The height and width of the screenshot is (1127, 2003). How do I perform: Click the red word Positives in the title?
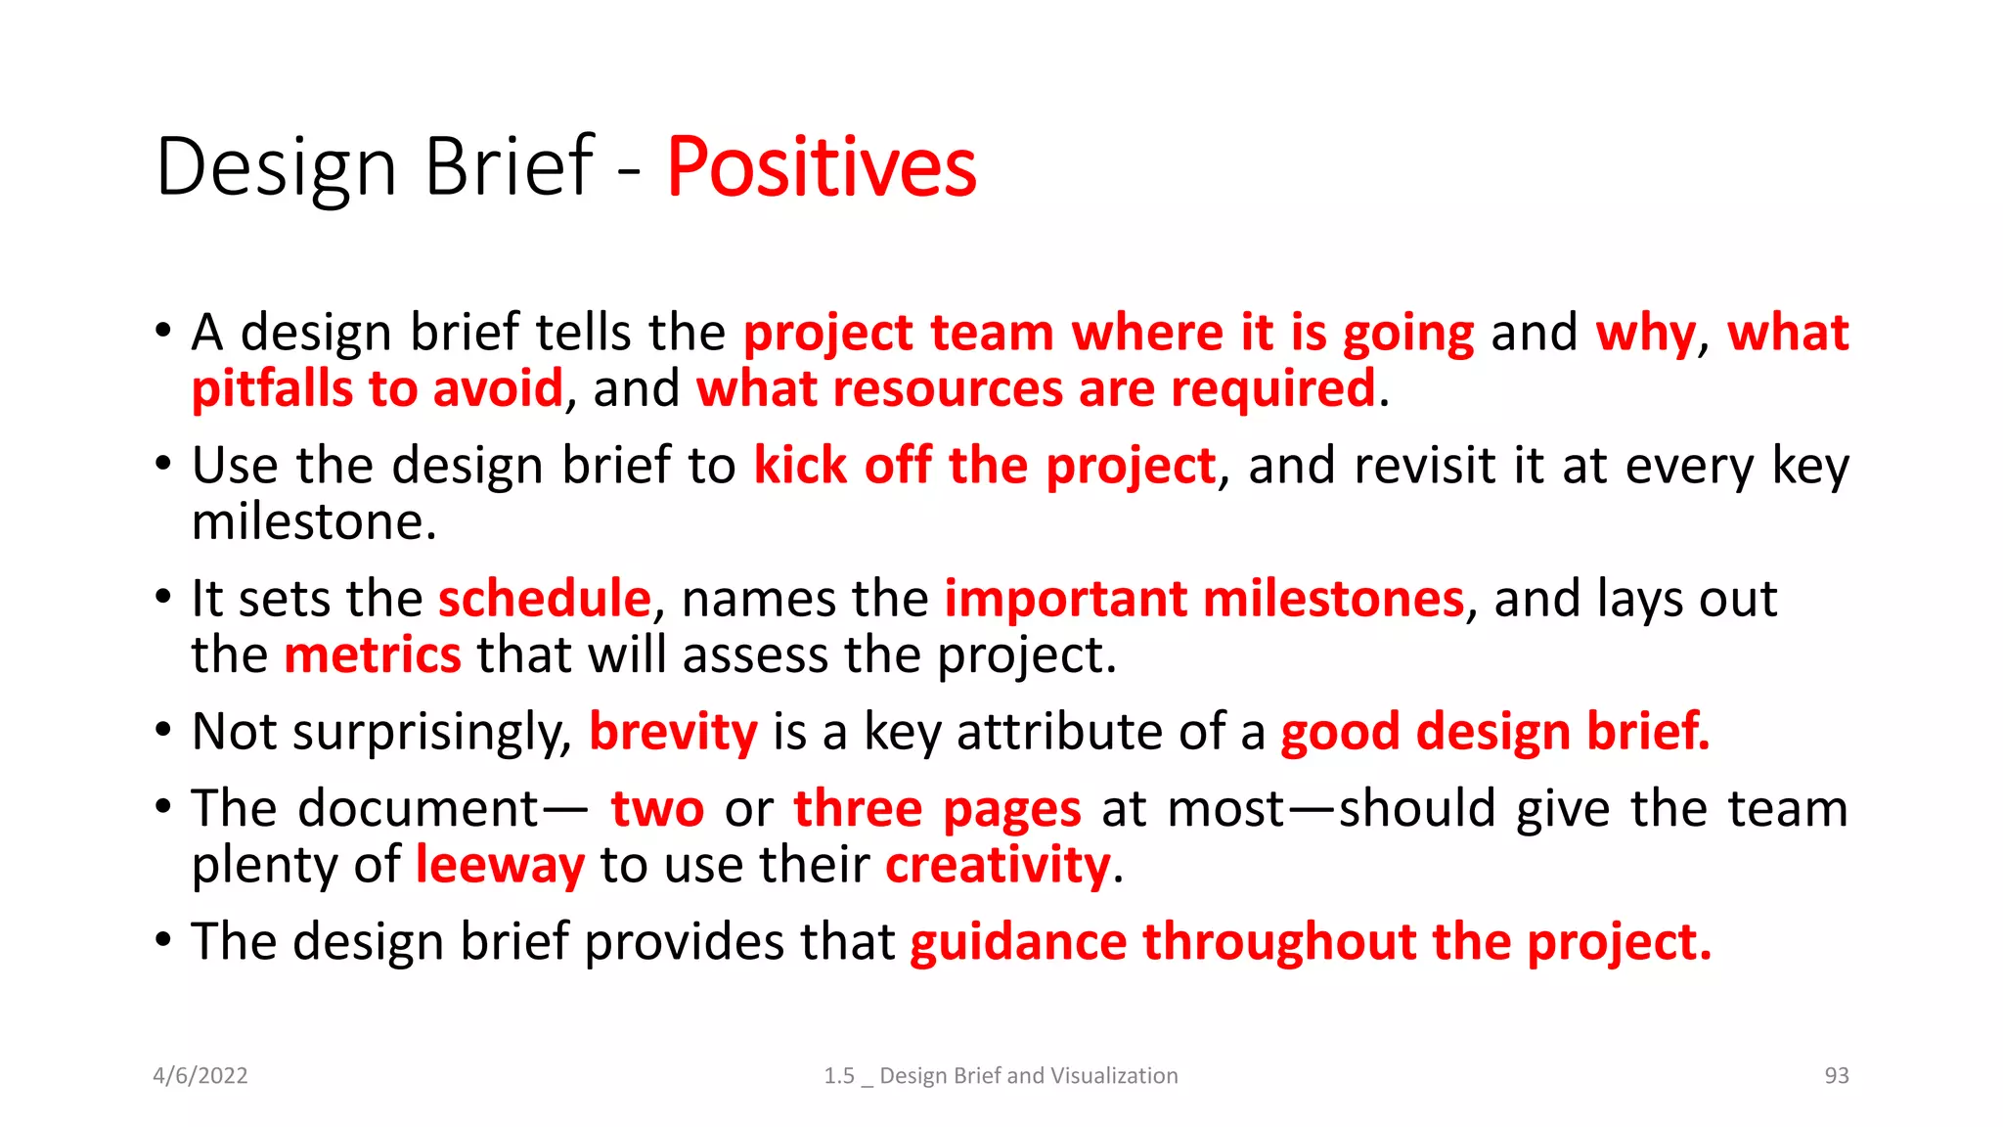pyautogui.click(x=822, y=168)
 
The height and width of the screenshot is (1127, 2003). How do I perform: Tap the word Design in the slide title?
pyautogui.click(x=276, y=168)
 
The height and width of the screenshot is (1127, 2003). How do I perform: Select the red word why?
pyautogui.click(x=1645, y=334)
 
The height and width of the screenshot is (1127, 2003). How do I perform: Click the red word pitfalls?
pyautogui.click(x=271, y=389)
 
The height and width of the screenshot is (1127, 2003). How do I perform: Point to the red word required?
pyautogui.click(x=1272, y=389)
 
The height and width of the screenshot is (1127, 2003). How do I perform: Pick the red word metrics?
pyautogui.click(x=372, y=654)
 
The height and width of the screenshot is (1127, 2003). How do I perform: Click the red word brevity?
pyautogui.click(x=673, y=732)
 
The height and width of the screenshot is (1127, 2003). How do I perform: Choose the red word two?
pyautogui.click(x=657, y=809)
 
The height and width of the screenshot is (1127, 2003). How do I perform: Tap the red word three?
pyautogui.click(x=858, y=809)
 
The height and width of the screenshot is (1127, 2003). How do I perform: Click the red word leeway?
pyautogui.click(x=500, y=866)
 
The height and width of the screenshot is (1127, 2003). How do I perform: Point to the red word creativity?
pyautogui.click(x=998, y=866)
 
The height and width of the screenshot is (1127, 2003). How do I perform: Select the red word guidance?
pyautogui.click(x=1017, y=942)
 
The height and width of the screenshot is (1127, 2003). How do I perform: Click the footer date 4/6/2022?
pyautogui.click(x=200, y=1076)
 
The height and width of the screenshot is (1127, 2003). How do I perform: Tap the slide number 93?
pyautogui.click(x=1836, y=1076)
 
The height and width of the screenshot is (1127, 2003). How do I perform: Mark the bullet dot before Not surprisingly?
pyautogui.click(x=163, y=730)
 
